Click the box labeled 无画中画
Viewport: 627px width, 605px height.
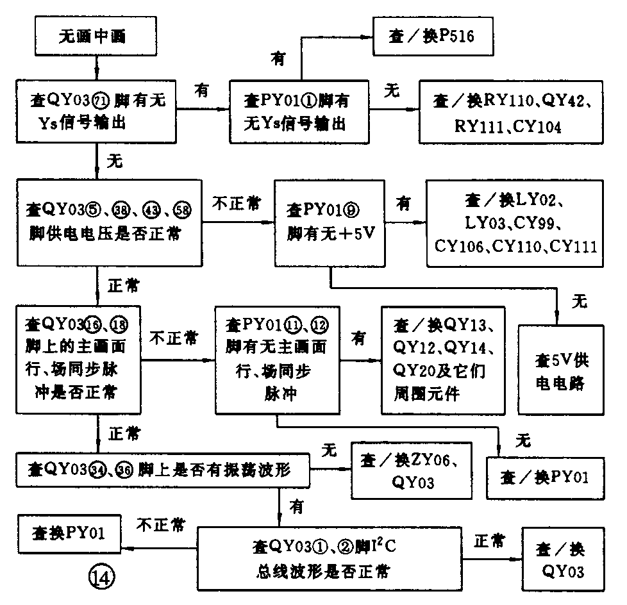pyautogui.click(x=96, y=37)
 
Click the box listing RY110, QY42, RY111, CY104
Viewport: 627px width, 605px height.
pyautogui.click(x=510, y=112)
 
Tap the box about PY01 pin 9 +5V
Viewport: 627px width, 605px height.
pyautogui.click(x=329, y=223)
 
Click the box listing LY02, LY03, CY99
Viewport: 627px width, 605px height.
pyautogui.click(x=515, y=223)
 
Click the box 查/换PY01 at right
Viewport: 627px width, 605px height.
pyautogui.click(x=544, y=477)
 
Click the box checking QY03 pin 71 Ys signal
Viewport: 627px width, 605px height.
pyautogui.click(x=96, y=112)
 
